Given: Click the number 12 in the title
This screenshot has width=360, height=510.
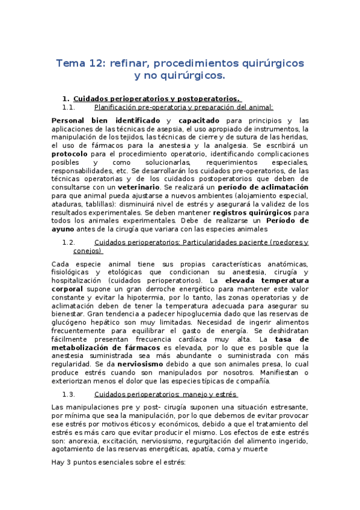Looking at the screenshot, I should tap(95, 63).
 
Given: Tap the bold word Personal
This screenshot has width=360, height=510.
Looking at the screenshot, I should tap(70, 120).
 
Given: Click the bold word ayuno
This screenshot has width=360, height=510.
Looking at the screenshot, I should tap(64, 229).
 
